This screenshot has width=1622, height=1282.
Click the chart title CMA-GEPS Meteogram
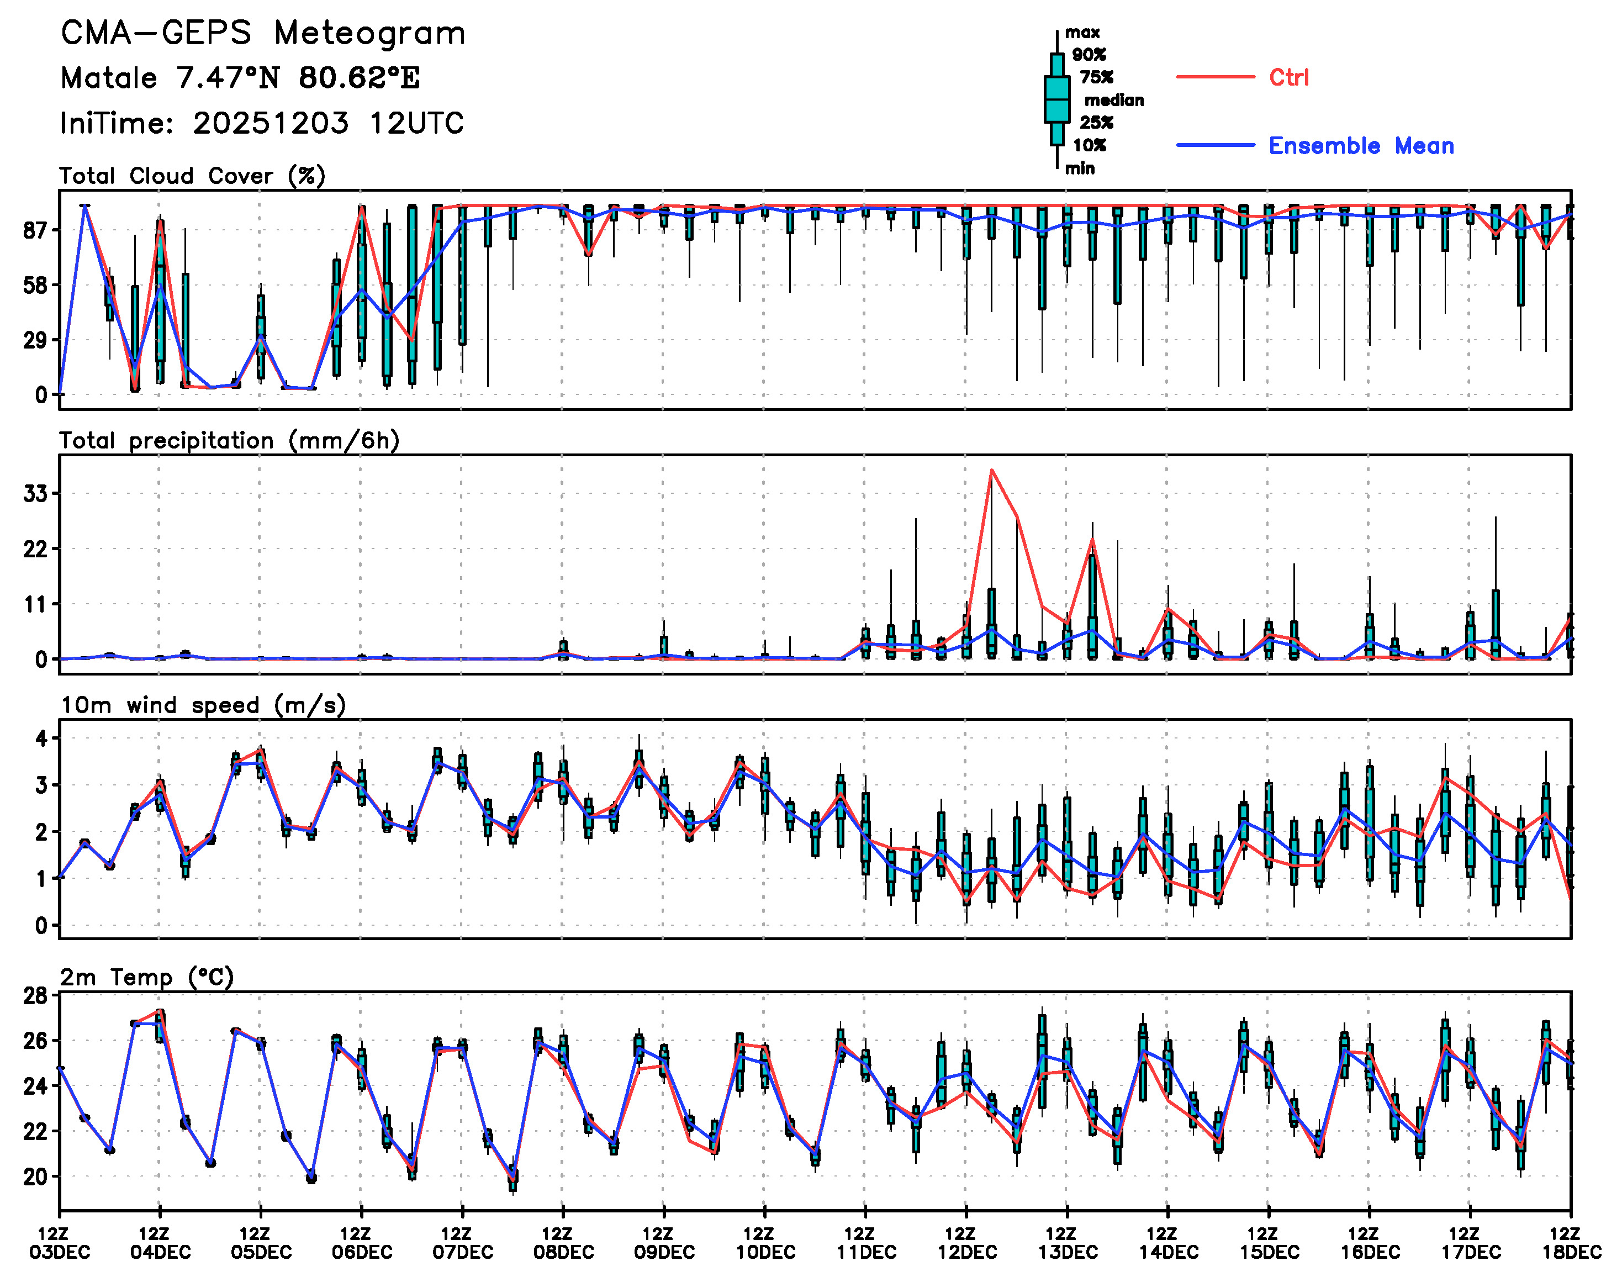(263, 34)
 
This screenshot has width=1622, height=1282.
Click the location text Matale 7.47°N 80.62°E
(240, 78)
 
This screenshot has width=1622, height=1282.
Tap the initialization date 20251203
(270, 123)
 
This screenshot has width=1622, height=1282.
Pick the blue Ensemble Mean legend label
(1361, 146)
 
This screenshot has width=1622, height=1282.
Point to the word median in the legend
(1114, 101)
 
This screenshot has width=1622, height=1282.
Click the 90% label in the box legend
(1089, 55)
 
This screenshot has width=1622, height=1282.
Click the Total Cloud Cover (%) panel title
(192, 176)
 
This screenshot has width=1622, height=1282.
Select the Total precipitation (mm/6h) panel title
(229, 441)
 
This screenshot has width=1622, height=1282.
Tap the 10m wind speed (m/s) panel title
(203, 705)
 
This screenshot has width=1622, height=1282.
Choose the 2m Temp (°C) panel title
(147, 977)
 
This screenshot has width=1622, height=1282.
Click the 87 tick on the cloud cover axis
(35, 230)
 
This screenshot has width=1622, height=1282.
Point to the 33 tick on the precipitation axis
(35, 494)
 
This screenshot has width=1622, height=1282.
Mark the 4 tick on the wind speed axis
(41, 738)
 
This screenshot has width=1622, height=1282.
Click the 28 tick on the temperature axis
(35, 996)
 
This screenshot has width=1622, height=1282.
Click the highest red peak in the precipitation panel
(991, 471)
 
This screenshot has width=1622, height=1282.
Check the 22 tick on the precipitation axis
(35, 550)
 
